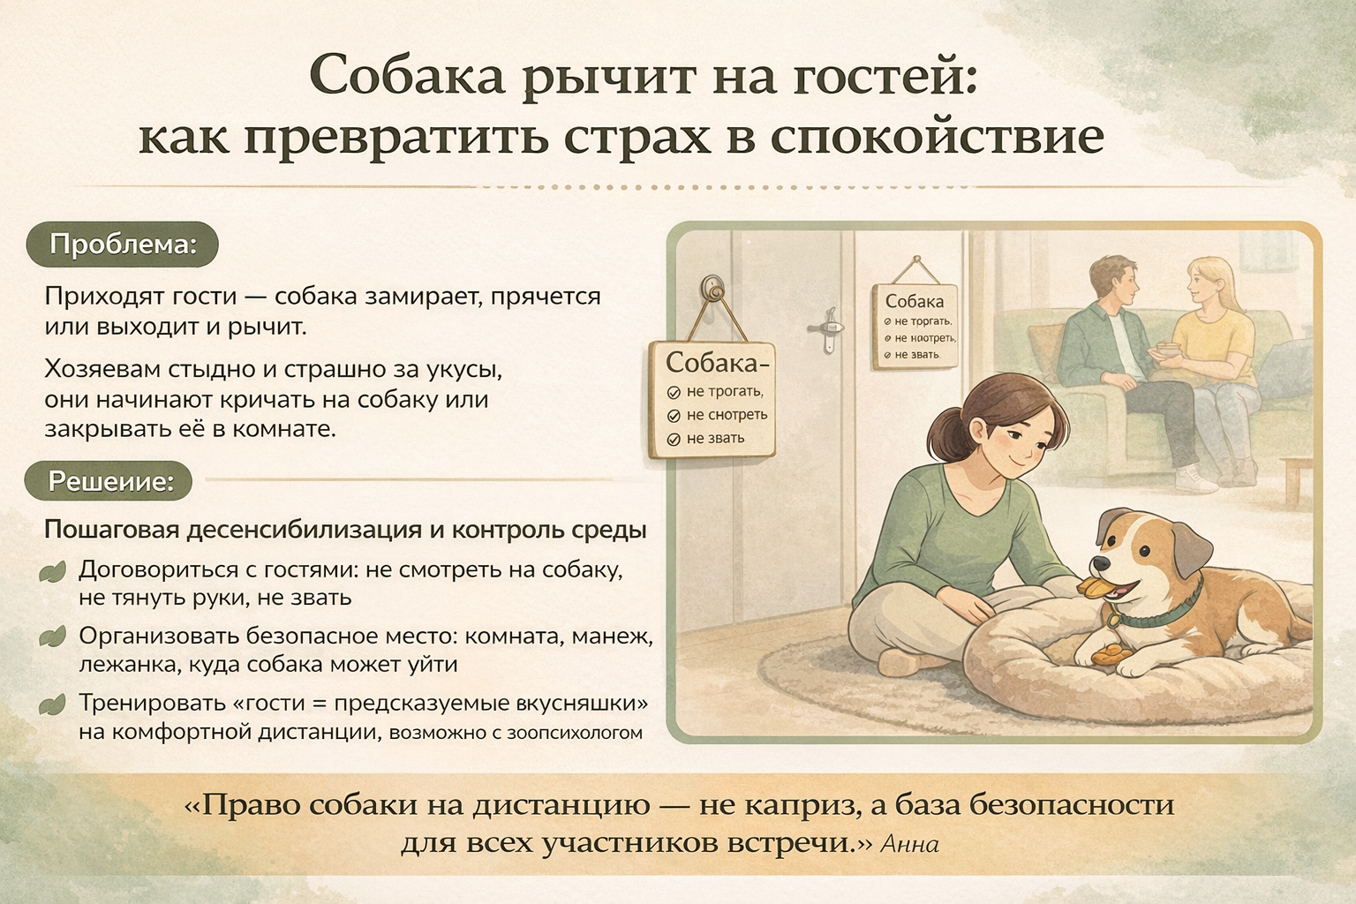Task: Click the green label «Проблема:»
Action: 123,245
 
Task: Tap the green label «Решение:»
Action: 109,482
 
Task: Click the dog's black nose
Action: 1102,563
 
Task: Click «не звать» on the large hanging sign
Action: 715,439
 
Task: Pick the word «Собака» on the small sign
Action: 914,301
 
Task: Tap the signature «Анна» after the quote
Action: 910,844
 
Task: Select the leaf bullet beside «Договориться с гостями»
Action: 52,571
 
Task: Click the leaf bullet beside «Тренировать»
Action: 52,704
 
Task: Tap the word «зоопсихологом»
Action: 575,733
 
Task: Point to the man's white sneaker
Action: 1195,478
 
